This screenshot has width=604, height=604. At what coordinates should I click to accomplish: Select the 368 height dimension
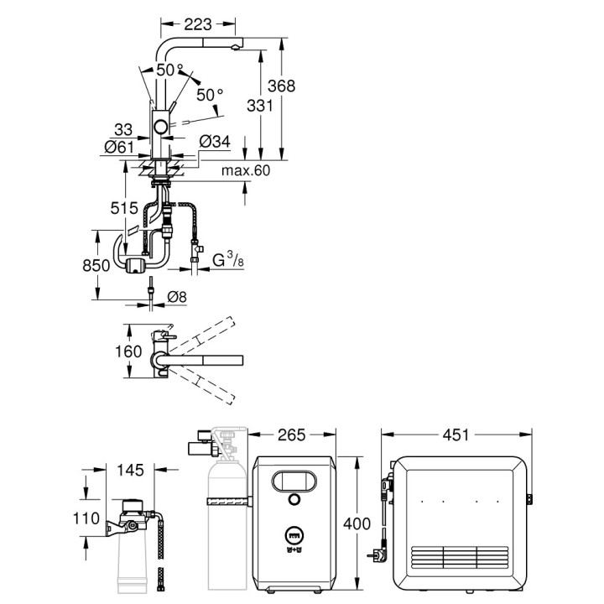pos(283,86)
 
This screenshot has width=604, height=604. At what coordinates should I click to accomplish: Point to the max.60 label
pos(246,171)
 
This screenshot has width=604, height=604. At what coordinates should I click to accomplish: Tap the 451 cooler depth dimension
pos(456,436)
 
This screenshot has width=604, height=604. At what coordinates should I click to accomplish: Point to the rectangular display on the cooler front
pos(294,482)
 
